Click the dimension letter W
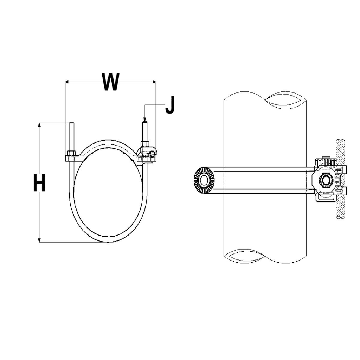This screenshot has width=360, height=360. point(110,82)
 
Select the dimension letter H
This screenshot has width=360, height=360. point(39,183)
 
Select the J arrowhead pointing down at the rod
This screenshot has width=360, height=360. point(144,120)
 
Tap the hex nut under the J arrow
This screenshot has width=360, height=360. point(145,144)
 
